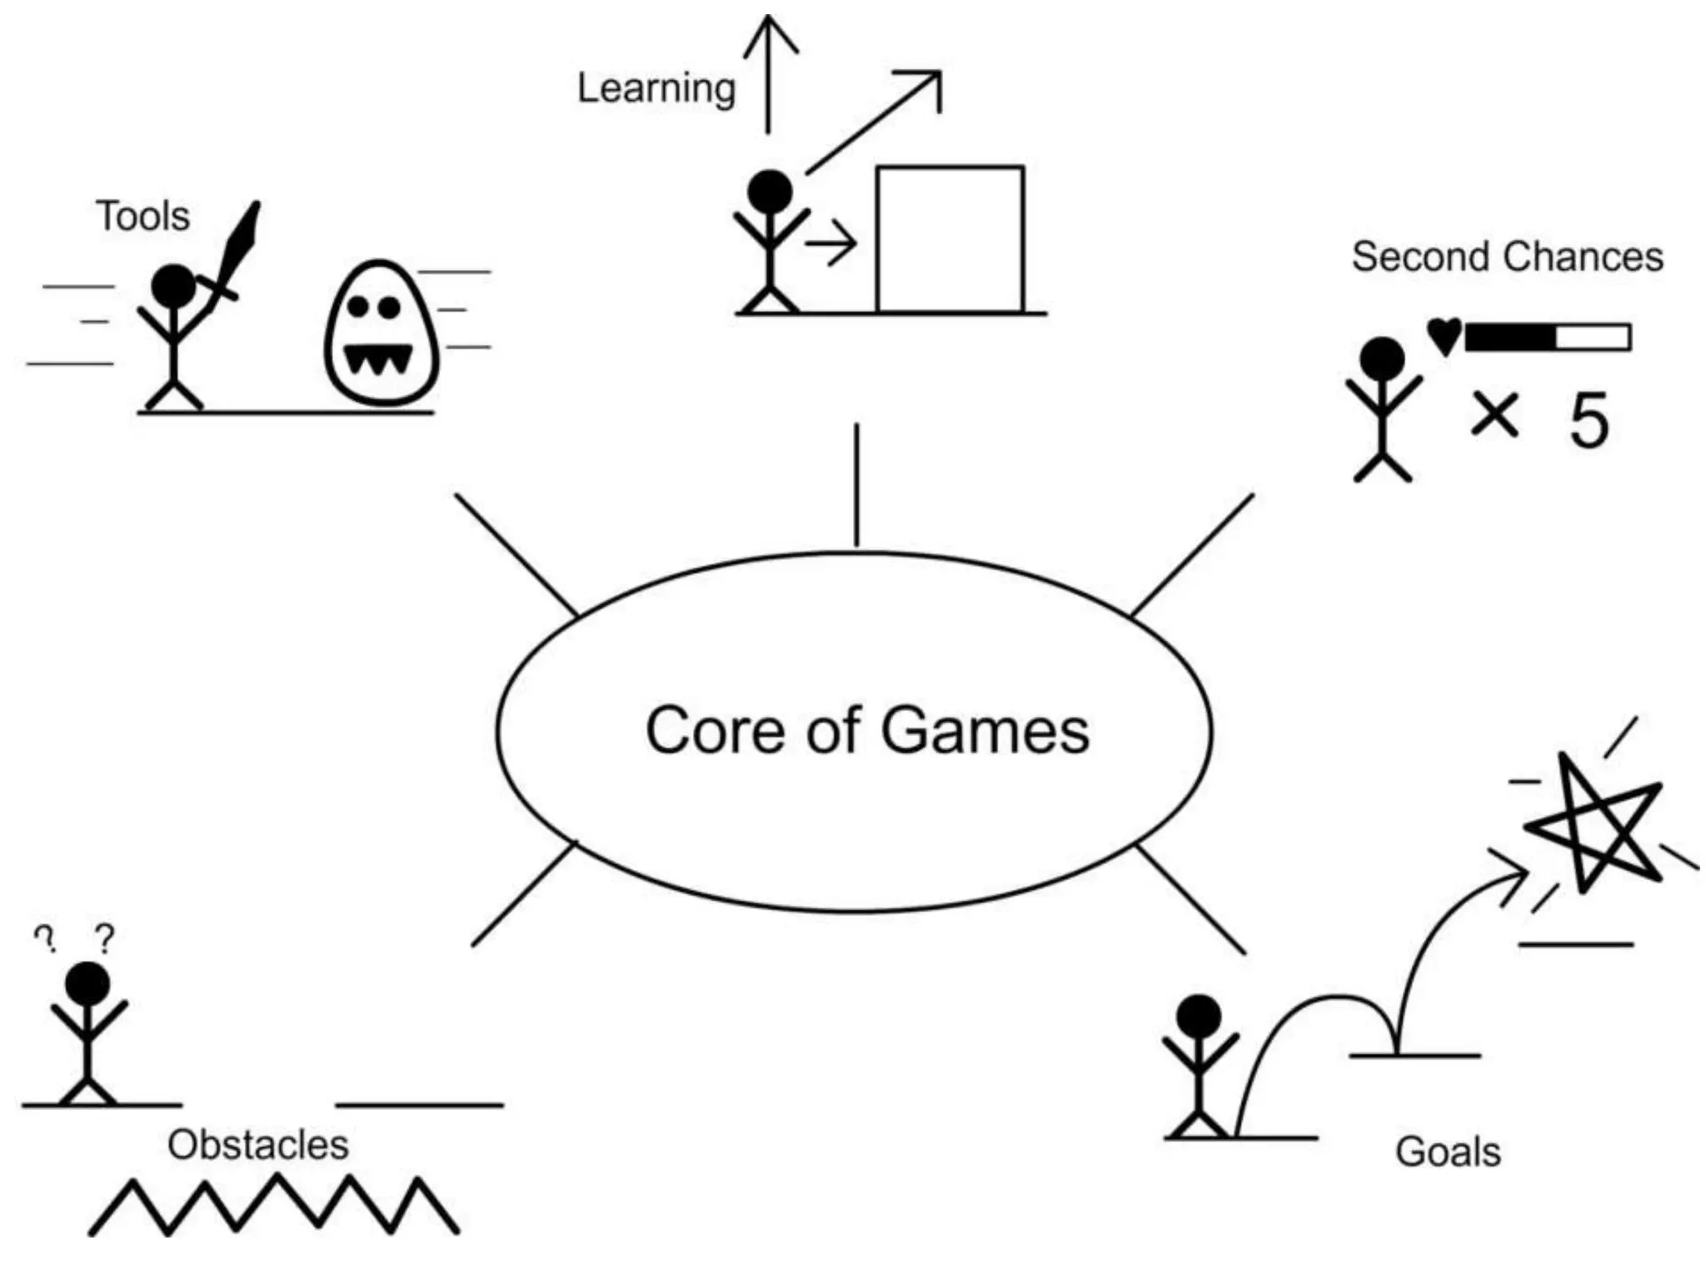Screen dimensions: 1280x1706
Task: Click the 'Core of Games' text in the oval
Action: tap(867, 731)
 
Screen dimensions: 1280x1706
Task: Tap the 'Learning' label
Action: tap(656, 88)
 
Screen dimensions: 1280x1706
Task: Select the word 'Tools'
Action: tap(142, 216)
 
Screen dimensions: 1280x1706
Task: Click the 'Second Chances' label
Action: tap(1507, 257)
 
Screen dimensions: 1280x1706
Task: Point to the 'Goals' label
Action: tap(1448, 1152)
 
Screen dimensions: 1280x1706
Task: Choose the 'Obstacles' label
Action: tap(258, 1144)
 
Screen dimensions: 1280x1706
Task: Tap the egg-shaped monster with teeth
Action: tap(381, 333)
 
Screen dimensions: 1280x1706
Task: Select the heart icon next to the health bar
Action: tap(1444, 336)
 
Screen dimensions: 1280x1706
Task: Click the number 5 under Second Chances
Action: tap(1589, 422)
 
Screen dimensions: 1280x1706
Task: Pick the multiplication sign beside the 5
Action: tap(1494, 414)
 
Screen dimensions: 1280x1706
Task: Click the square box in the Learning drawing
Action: tap(950, 239)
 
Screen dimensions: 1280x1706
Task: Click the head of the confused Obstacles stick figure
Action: tap(87, 984)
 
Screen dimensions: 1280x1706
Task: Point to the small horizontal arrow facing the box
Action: tap(830, 245)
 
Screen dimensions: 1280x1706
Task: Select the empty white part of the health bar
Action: tap(1592, 337)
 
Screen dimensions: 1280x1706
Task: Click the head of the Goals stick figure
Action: tap(1199, 1017)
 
